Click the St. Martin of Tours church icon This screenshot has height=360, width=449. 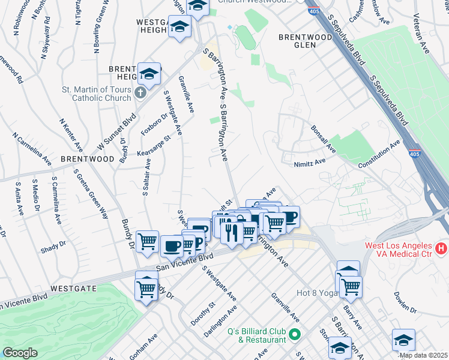click(140, 93)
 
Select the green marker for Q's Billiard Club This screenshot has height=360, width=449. click(294, 334)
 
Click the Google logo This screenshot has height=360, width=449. click(20, 353)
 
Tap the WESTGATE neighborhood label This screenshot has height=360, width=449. click(74, 289)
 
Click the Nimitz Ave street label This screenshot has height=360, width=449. click(309, 161)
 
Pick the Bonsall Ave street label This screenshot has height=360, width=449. click(323, 139)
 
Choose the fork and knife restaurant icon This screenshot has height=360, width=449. click(232, 232)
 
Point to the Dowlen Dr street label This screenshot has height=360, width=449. click(405, 302)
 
